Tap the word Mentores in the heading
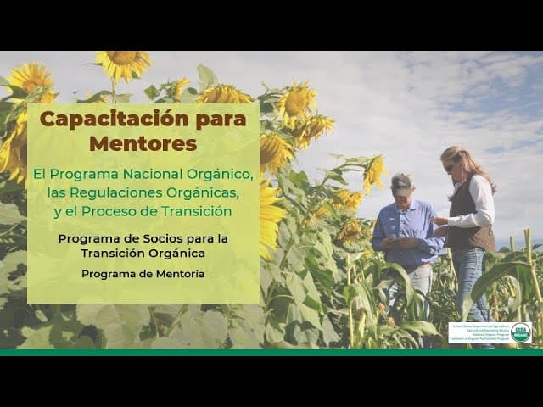143,143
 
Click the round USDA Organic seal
521,332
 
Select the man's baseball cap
401,181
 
